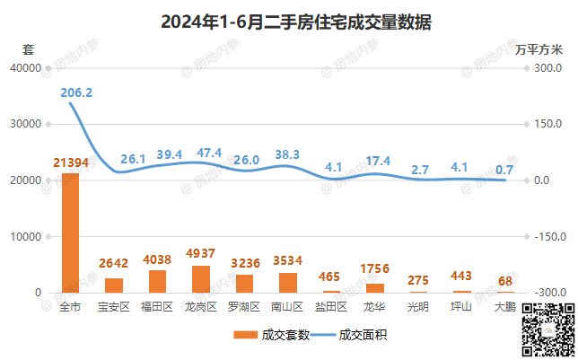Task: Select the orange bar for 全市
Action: tap(70, 233)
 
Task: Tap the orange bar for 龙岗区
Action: tap(201, 278)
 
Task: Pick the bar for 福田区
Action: tap(157, 281)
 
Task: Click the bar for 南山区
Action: tap(288, 283)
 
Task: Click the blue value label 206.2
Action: tap(75, 92)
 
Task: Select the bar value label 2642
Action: tap(114, 265)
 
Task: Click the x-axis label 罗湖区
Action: tap(244, 307)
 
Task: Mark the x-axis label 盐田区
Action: tap(331, 307)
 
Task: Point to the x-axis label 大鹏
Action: tap(505, 307)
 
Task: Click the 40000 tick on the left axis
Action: tap(25, 67)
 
